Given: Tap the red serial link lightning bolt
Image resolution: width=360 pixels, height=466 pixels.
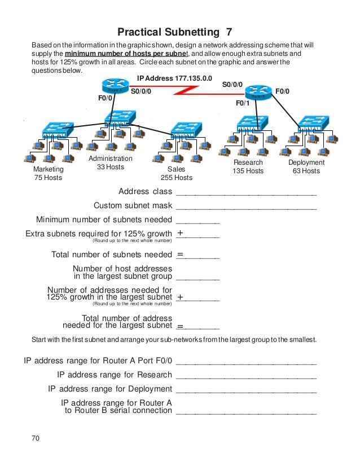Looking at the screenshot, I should (x=186, y=90).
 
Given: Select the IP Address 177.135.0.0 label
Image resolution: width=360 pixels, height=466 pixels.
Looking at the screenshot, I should (x=175, y=78).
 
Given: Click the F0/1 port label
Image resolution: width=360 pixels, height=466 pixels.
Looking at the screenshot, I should (x=243, y=104).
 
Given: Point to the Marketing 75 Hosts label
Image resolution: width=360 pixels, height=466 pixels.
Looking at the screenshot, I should (x=48, y=173).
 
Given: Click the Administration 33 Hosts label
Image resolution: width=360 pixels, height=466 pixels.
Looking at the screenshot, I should (x=111, y=162).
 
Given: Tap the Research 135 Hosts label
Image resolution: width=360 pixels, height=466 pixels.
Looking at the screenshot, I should (x=248, y=166).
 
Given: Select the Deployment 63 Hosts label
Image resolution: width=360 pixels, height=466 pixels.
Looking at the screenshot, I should (x=306, y=166).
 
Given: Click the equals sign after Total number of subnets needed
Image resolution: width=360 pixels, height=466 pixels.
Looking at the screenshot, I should (x=180, y=255).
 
